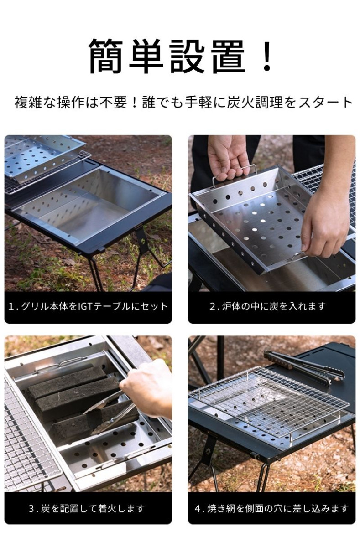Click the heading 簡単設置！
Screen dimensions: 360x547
point(180,56)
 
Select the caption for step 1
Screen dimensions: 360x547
point(88,306)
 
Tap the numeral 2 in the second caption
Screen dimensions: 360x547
point(212,306)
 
